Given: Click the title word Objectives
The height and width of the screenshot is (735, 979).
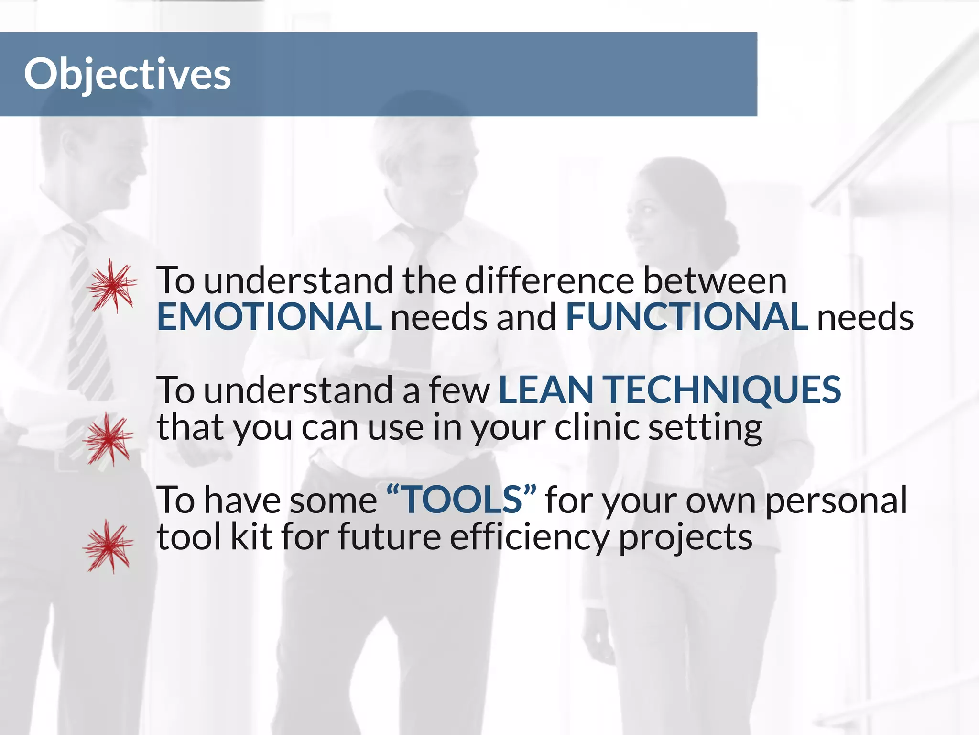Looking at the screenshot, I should pyautogui.click(x=127, y=74).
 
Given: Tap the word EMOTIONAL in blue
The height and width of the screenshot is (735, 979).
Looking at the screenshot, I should pyautogui.click(x=269, y=317).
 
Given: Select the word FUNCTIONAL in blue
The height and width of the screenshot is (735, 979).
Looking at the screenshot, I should pyautogui.click(x=686, y=317).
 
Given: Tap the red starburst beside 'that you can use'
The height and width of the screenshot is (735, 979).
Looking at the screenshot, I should pyautogui.click(x=108, y=439).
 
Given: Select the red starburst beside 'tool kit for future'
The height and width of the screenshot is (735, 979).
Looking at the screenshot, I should pyautogui.click(x=108, y=546).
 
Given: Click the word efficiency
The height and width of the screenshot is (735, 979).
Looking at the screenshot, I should pyautogui.click(x=529, y=537).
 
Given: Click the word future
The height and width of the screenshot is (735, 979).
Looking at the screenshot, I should pyautogui.click(x=389, y=537).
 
